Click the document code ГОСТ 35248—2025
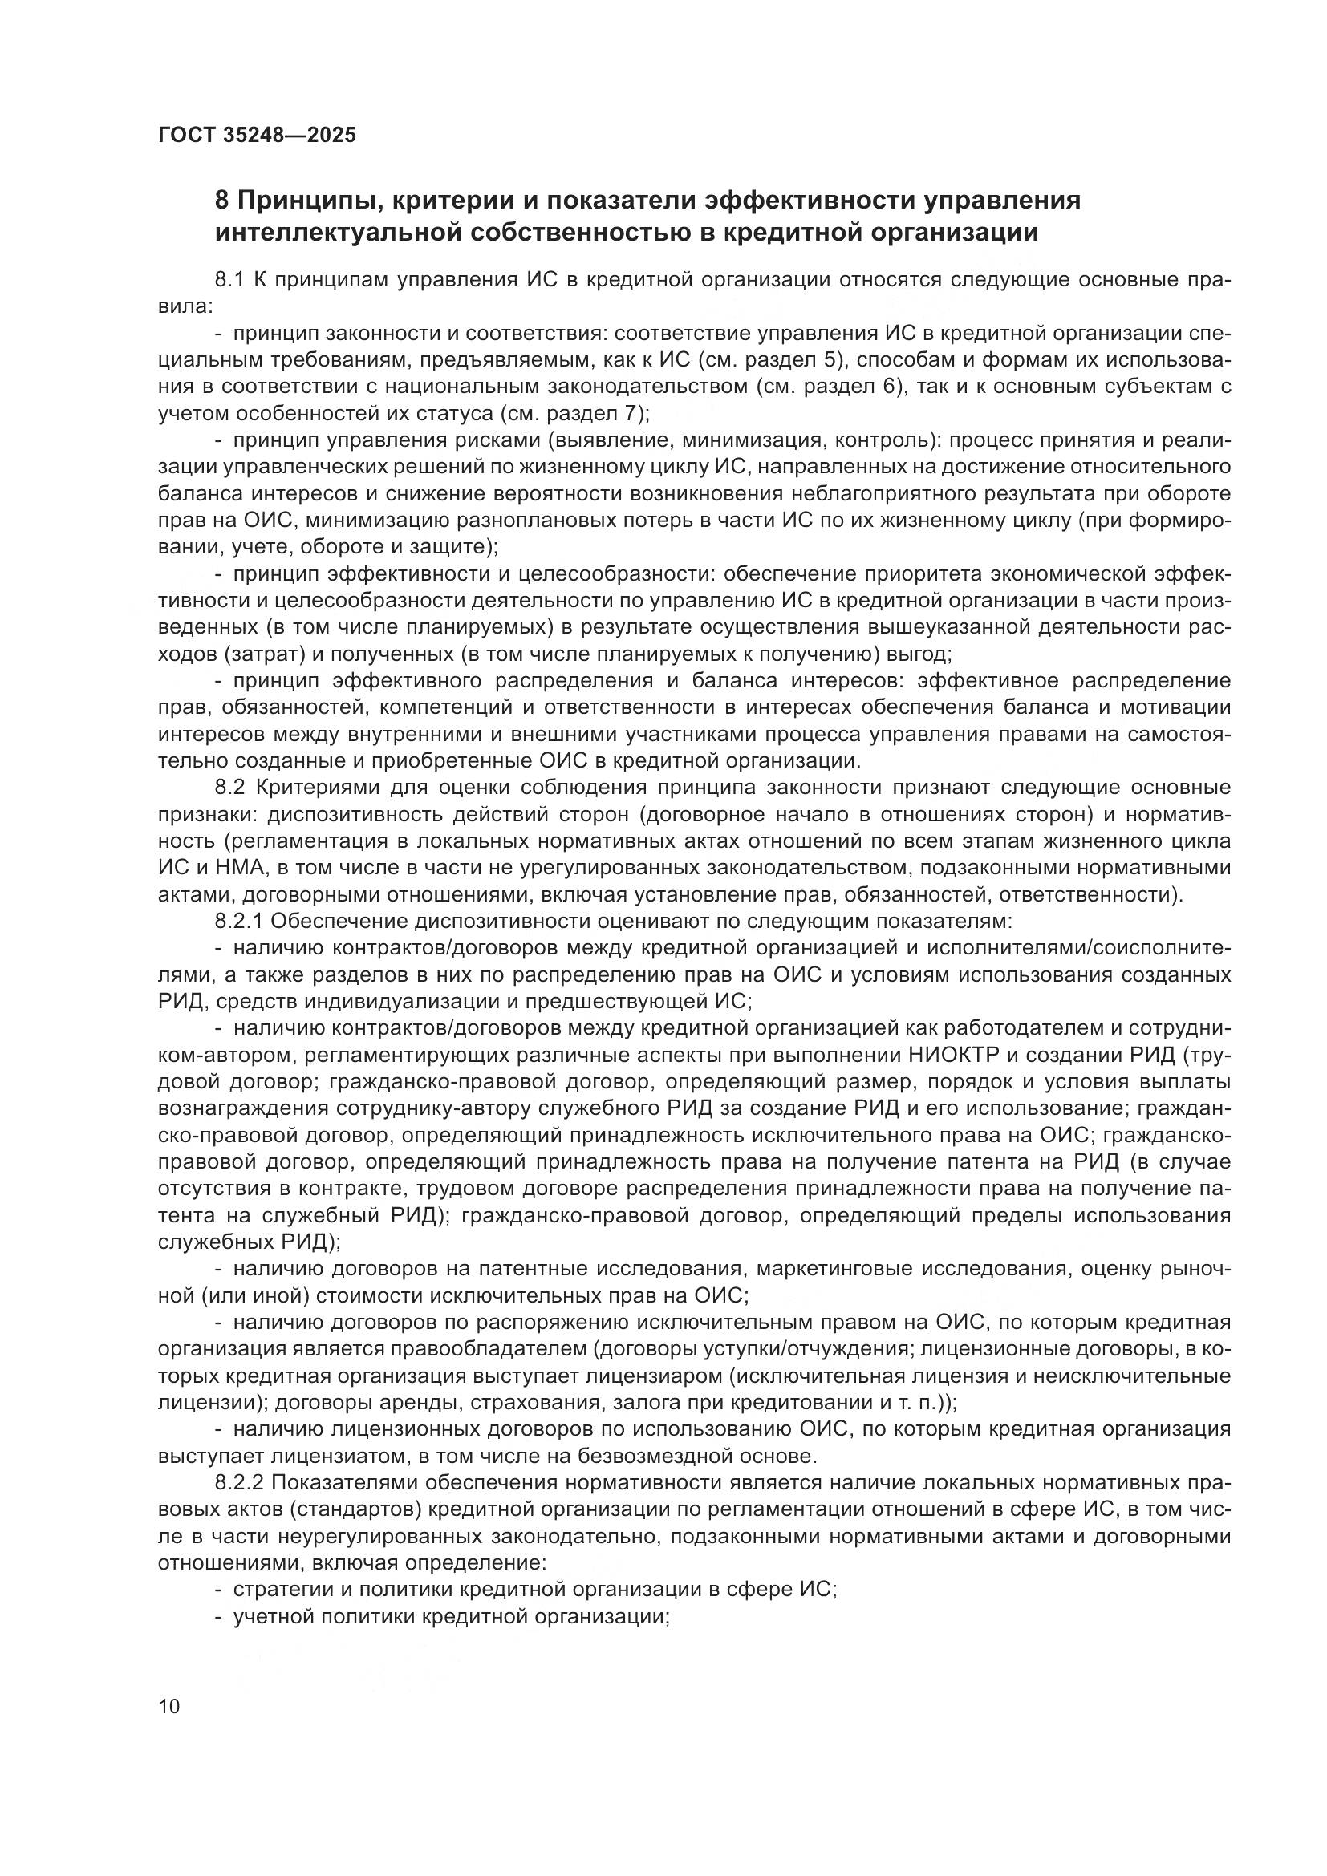click(x=257, y=135)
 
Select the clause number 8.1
click(x=230, y=280)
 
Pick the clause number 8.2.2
click(x=238, y=1482)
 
